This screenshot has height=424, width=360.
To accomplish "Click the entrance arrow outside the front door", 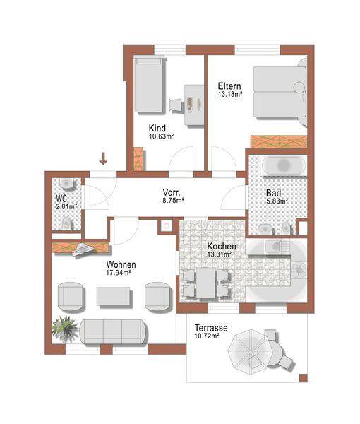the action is (103, 158).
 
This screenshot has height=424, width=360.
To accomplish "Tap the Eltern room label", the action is (229, 86).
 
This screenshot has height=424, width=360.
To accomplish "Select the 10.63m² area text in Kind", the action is (161, 136).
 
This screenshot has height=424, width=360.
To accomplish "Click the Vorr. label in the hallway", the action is (172, 192).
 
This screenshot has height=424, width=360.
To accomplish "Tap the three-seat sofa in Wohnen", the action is (114, 332).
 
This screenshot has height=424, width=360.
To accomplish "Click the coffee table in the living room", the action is (114, 297).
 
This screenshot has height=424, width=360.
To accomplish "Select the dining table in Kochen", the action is (205, 283).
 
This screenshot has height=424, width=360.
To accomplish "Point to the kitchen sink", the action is (276, 247).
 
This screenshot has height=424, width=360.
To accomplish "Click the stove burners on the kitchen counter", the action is (299, 270).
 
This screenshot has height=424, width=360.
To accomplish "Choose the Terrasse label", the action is (211, 328).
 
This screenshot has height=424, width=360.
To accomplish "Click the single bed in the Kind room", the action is (150, 84).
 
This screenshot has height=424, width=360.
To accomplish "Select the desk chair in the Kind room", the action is (176, 105).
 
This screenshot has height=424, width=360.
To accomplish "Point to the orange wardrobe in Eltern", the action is (279, 141).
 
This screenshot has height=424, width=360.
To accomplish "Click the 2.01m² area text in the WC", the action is (66, 207).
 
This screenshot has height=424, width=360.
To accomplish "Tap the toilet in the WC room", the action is (66, 223).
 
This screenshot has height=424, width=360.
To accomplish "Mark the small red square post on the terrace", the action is (303, 378).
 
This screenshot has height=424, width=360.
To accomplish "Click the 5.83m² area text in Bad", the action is (277, 201).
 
